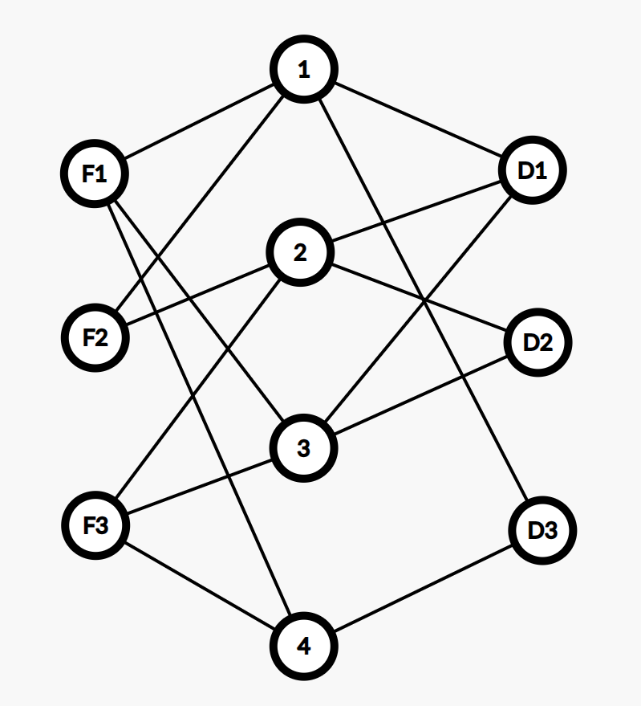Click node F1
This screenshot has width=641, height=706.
[x=95, y=173]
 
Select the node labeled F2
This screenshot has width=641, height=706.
[x=95, y=337]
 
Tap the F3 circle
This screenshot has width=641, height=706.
[x=95, y=526]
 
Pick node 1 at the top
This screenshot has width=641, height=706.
[x=303, y=70]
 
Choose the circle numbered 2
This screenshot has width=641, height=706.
[x=300, y=254]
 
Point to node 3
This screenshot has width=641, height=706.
[x=302, y=448]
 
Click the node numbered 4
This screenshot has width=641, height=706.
[x=303, y=646]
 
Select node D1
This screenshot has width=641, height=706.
[x=532, y=170]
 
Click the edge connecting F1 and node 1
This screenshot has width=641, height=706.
[x=199, y=121]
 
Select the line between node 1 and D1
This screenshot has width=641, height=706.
[x=417, y=120]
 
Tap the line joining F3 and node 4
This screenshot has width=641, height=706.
[x=199, y=586]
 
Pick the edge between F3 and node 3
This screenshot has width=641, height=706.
[x=199, y=488]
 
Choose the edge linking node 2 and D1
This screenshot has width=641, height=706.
[x=416, y=212]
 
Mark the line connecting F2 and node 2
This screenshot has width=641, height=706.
[x=197, y=296]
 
